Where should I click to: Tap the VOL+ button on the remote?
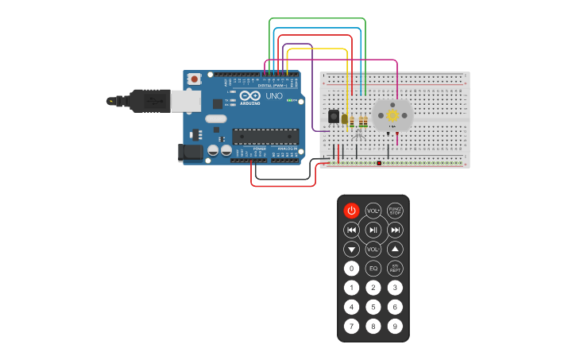point(373,211)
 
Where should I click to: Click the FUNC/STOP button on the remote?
point(395,211)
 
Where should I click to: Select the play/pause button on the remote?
point(373,230)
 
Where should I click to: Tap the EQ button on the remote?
point(373,269)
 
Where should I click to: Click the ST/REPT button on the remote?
point(395,269)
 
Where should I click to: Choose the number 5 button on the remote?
point(373,307)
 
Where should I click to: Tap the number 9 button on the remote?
point(395,326)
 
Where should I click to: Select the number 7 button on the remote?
point(351,326)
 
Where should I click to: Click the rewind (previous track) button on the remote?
point(351,230)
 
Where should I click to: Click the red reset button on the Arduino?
point(195,79)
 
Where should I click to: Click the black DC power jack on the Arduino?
point(191,152)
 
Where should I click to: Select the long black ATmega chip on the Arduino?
point(265,136)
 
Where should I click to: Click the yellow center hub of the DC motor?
point(392,116)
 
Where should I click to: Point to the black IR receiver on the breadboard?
point(334,116)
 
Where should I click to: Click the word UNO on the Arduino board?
point(273,96)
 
